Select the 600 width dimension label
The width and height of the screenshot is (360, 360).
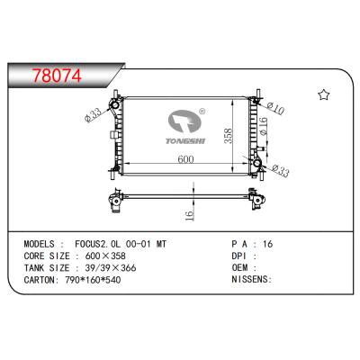[x=184, y=159]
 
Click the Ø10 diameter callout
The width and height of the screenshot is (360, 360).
[x=276, y=110]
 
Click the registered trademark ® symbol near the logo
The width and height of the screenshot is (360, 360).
[x=202, y=113]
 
